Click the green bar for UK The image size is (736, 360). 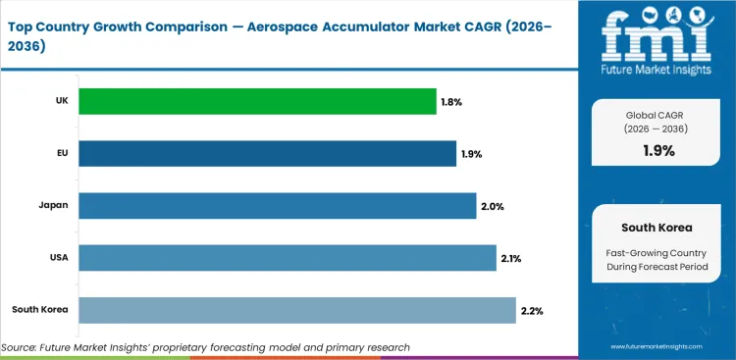tap(257, 101)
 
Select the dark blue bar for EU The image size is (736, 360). tap(267, 153)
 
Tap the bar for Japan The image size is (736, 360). tap(277, 205)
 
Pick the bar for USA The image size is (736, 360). tap(287, 258)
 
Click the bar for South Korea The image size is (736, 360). tap(296, 310)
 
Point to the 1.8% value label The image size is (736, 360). tap(451, 101)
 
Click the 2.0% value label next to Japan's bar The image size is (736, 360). tap(492, 206)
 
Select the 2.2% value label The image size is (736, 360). tap(531, 311)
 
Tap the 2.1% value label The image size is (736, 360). tap(511, 259)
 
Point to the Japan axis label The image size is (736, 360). tap(52, 205)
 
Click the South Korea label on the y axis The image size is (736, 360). tap(39, 310)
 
